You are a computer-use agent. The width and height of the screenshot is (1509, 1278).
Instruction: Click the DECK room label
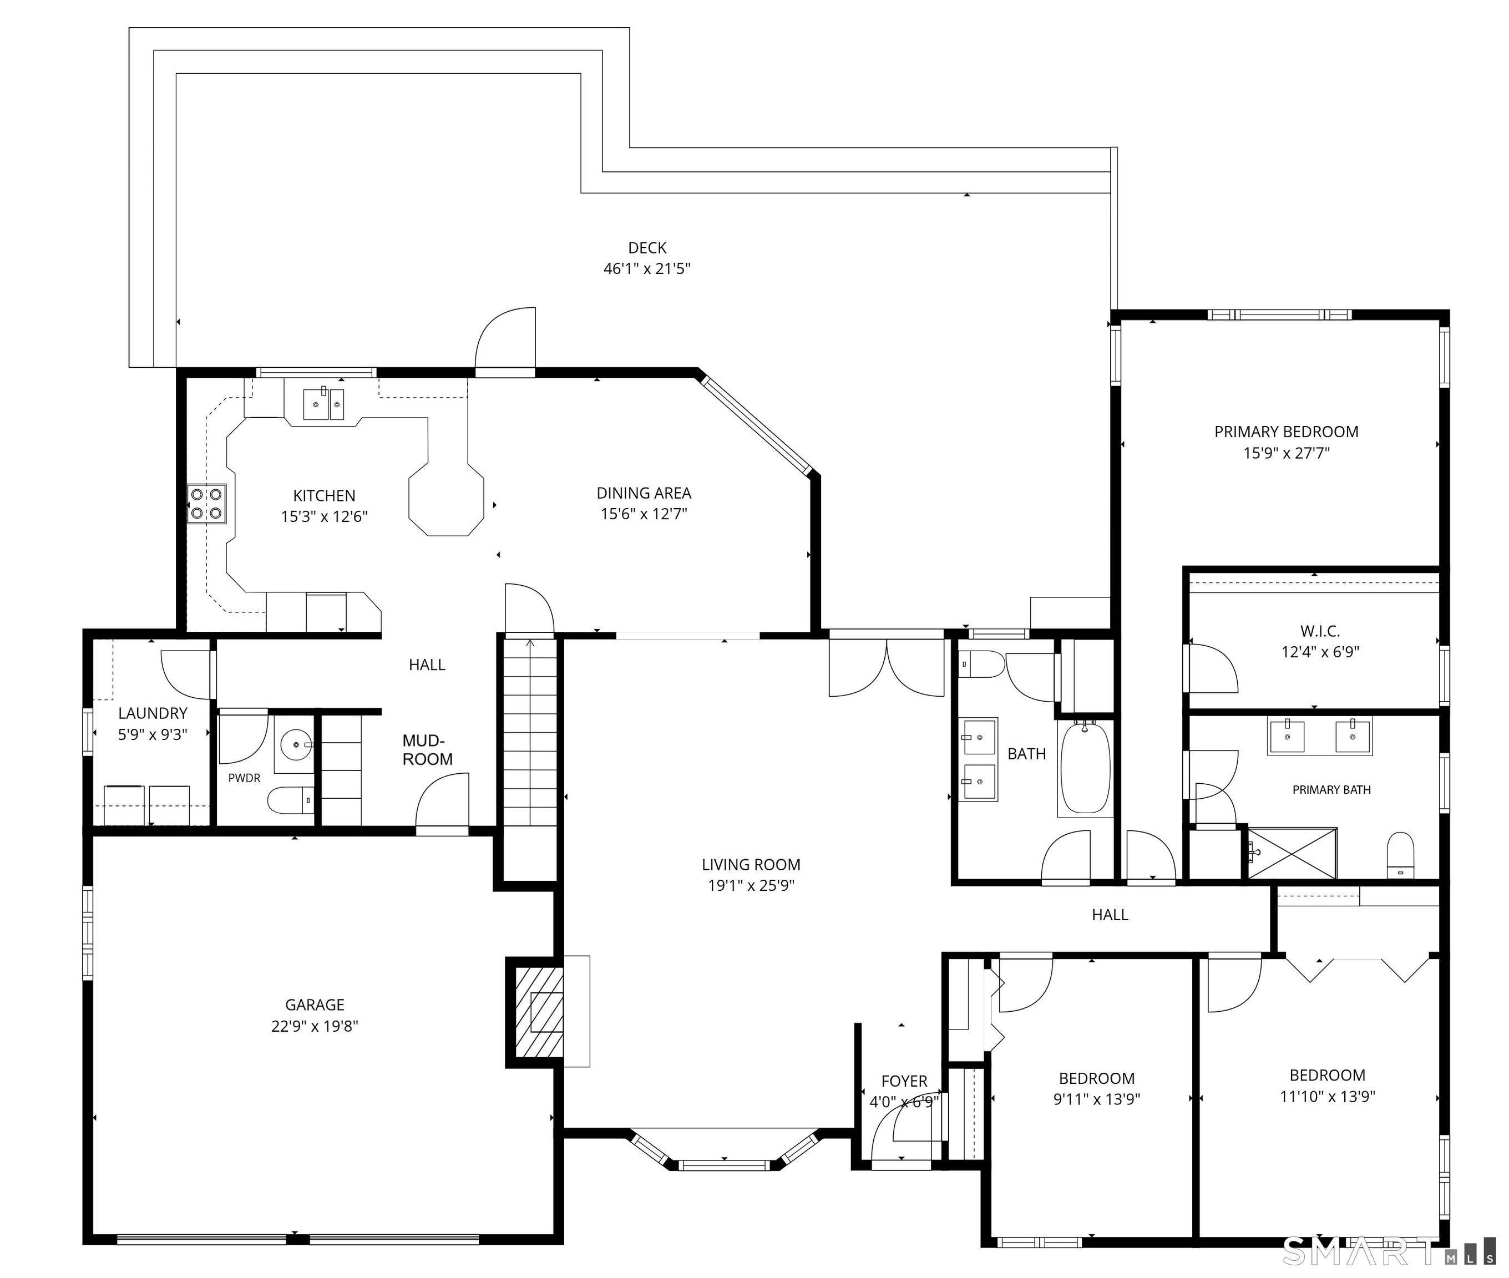(647, 248)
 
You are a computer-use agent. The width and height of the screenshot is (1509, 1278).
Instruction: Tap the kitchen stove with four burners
(206, 504)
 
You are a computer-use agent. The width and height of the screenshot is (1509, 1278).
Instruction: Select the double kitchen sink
(323, 404)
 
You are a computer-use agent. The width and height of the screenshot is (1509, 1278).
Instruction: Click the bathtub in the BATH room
(1085, 768)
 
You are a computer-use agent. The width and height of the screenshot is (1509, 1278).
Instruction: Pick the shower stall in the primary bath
(1292, 854)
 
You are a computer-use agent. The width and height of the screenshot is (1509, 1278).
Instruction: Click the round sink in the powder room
(295, 744)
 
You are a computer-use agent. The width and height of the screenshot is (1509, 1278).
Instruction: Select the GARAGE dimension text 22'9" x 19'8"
(315, 1026)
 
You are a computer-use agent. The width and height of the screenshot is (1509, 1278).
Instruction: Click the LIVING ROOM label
(751, 864)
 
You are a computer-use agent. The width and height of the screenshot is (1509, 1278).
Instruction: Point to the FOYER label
(904, 1081)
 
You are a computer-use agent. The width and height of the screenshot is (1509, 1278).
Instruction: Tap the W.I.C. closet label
(1320, 631)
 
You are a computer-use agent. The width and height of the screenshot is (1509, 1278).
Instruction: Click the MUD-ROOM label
(427, 750)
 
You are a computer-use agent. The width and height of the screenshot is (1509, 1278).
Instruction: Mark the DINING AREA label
(644, 493)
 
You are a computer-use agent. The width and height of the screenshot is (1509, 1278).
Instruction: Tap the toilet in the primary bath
(1400, 856)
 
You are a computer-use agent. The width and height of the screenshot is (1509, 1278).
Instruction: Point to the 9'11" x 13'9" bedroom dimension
(1097, 1099)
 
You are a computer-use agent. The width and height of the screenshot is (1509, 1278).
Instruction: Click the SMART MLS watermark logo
(1388, 1251)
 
